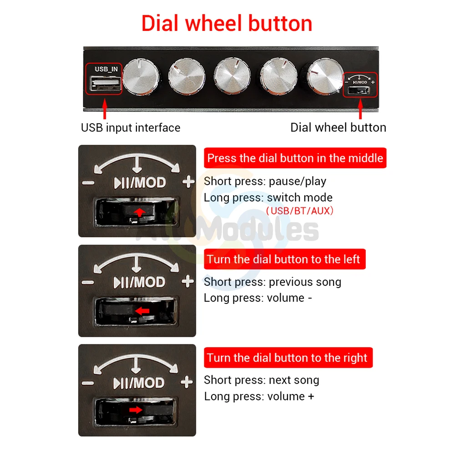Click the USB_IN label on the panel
click(106, 69)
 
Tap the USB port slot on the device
click(105, 84)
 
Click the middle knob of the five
click(232, 76)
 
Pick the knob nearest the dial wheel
click(325, 76)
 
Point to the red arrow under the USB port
click(105, 109)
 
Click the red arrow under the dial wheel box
click(360, 109)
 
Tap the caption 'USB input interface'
click(131, 128)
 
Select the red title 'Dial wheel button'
click(227, 23)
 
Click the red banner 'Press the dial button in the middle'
click(295, 158)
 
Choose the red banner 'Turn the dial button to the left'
click(285, 259)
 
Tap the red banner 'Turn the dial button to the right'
click(288, 358)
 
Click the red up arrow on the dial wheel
click(140, 212)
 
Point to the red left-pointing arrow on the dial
click(142, 311)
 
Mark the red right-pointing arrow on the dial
click(136, 410)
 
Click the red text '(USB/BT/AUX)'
click(300, 211)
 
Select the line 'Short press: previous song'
click(273, 282)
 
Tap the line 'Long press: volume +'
click(259, 396)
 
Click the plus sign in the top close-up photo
click(188, 182)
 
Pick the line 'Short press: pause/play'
click(265, 182)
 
